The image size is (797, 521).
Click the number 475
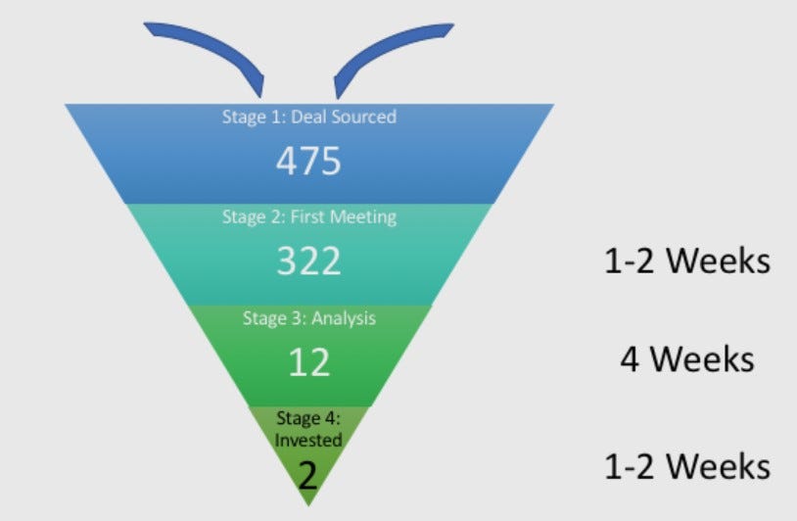tap(308, 160)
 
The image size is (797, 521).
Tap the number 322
tap(308, 260)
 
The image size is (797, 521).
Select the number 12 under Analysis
tap(308, 362)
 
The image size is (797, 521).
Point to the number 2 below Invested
tap(308, 475)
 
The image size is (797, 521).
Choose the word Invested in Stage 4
tap(308, 440)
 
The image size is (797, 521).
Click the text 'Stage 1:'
tap(249, 117)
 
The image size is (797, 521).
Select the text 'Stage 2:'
tap(253, 217)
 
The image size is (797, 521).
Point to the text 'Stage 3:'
tap(273, 318)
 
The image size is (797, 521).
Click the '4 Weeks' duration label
tap(686, 359)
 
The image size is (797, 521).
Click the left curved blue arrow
tap(211, 49)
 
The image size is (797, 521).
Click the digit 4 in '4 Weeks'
tap(631, 359)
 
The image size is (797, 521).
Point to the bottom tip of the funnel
tap(308, 502)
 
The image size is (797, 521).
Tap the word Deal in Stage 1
tap(311, 117)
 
